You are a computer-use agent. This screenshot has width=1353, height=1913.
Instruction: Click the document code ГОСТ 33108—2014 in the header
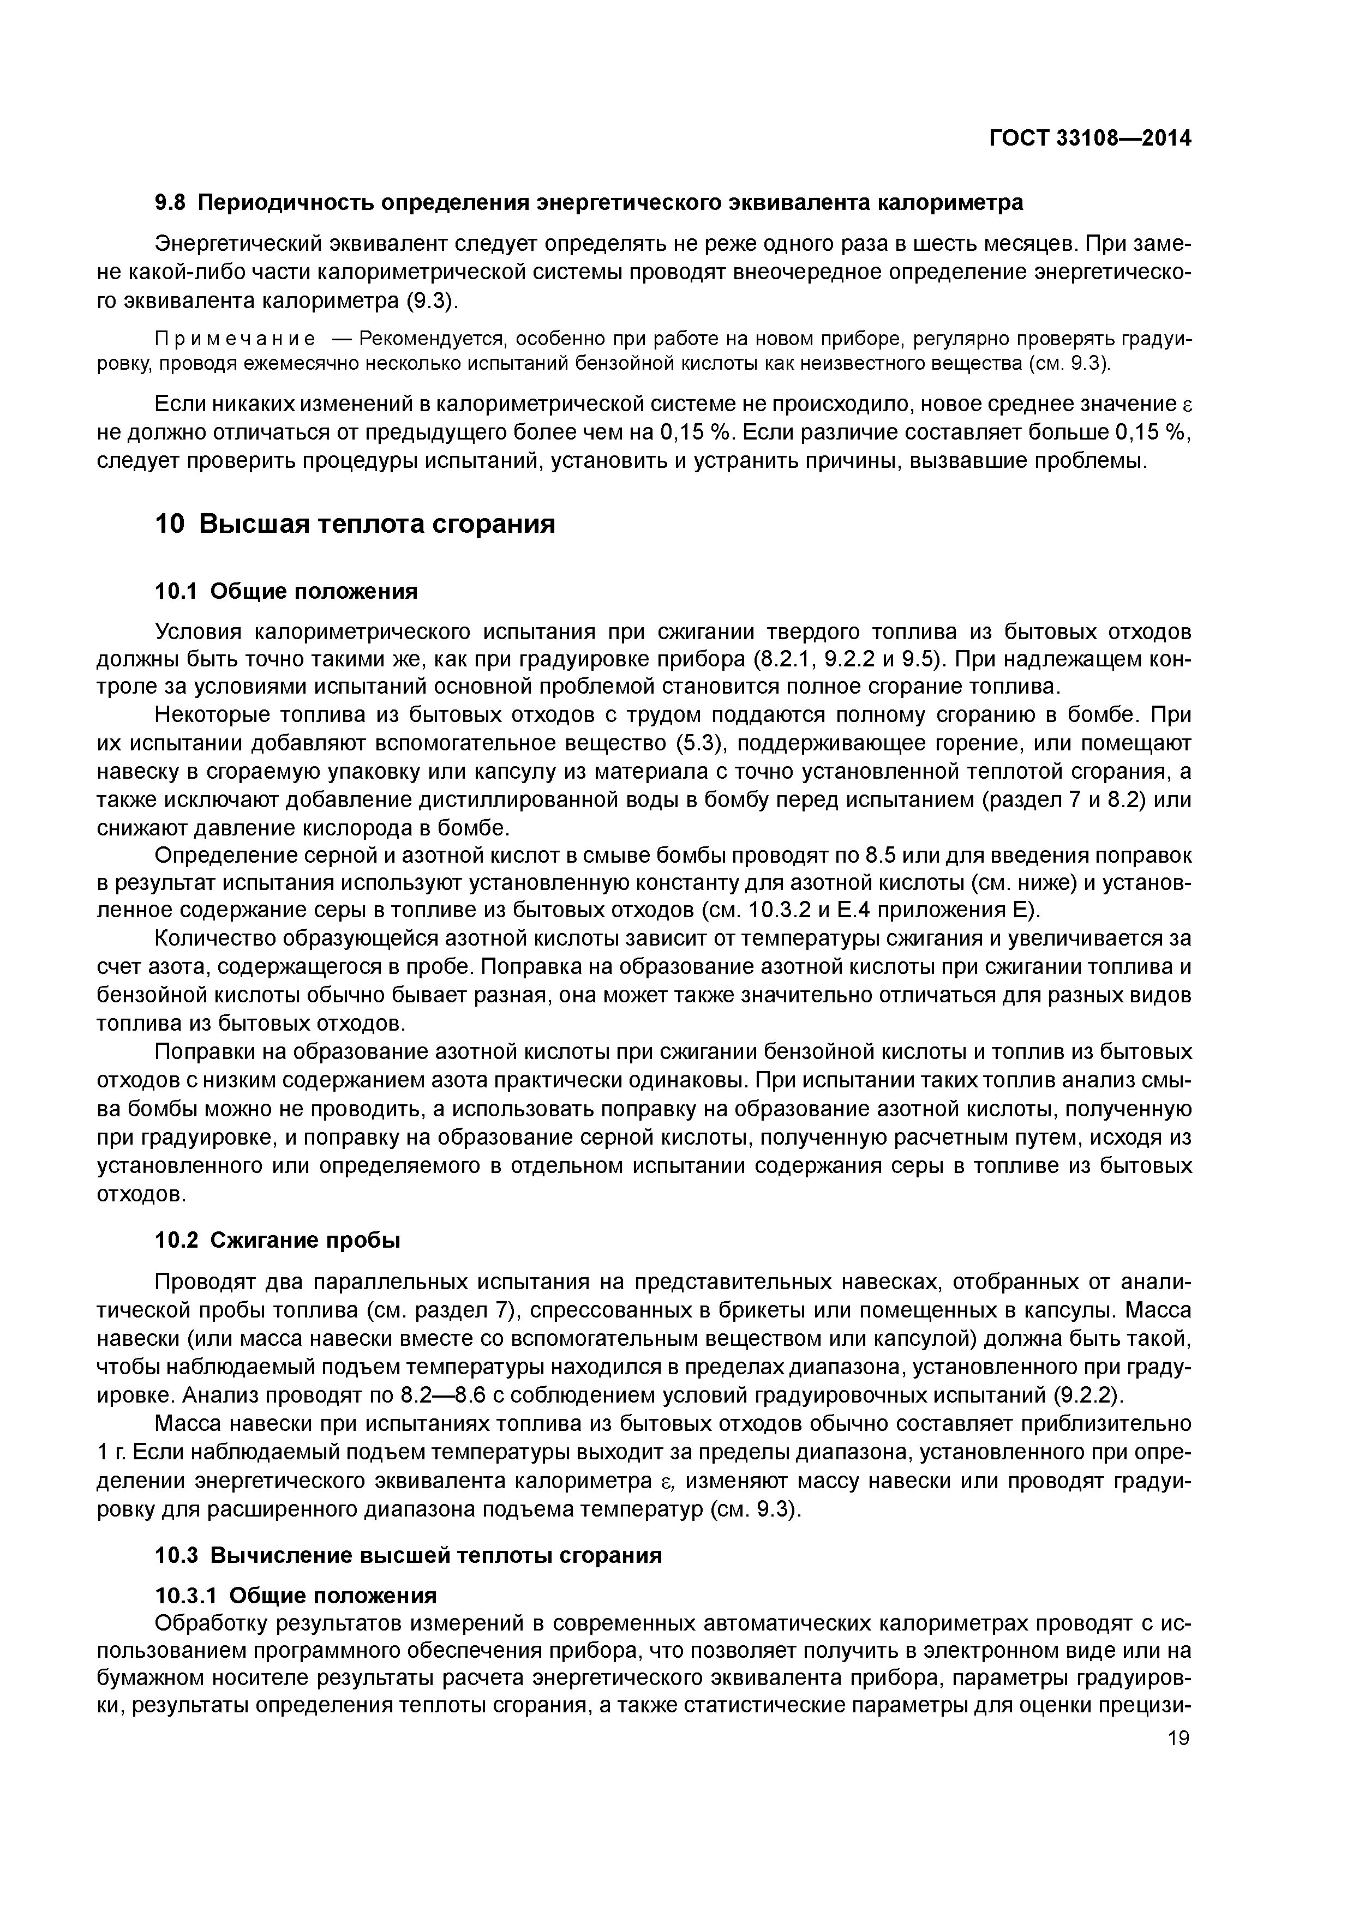click(1089, 139)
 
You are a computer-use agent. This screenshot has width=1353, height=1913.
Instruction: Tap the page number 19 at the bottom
click(1179, 1738)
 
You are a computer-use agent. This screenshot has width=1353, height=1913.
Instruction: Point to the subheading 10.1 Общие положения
click(286, 592)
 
